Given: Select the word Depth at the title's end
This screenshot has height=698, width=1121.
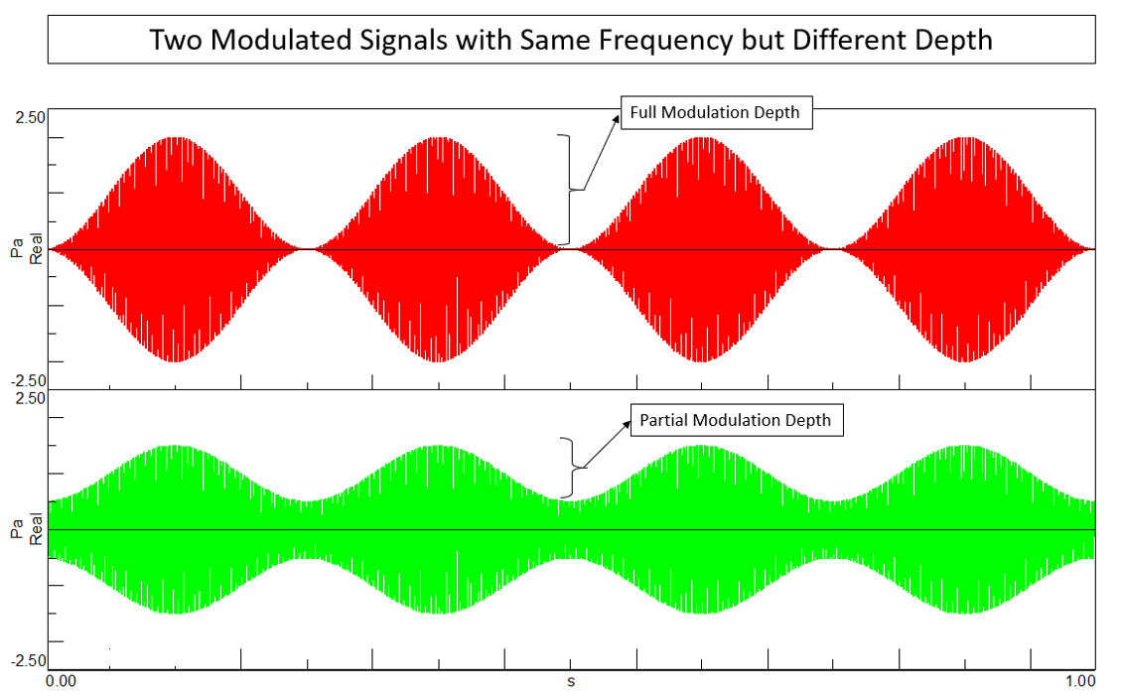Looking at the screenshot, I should tap(953, 40).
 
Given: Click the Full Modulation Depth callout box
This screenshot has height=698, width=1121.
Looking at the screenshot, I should tap(715, 113).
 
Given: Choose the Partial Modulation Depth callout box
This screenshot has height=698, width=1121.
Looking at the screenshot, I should tap(735, 421).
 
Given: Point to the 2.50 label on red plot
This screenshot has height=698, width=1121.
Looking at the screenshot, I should tap(30, 117).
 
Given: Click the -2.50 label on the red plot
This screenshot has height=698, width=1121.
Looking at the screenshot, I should tap(28, 380).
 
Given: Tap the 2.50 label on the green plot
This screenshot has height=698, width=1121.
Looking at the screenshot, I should tap(30, 398).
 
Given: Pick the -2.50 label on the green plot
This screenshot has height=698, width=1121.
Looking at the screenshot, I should tap(28, 661).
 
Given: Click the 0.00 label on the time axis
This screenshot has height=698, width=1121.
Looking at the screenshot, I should tap(61, 682).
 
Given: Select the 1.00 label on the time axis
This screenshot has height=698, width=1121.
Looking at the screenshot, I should tap(1079, 682).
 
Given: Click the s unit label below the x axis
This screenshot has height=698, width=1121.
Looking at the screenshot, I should tap(571, 682).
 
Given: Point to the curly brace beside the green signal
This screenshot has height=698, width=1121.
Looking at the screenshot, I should tap(569, 468).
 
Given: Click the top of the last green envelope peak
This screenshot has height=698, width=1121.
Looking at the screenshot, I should tap(963, 446).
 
